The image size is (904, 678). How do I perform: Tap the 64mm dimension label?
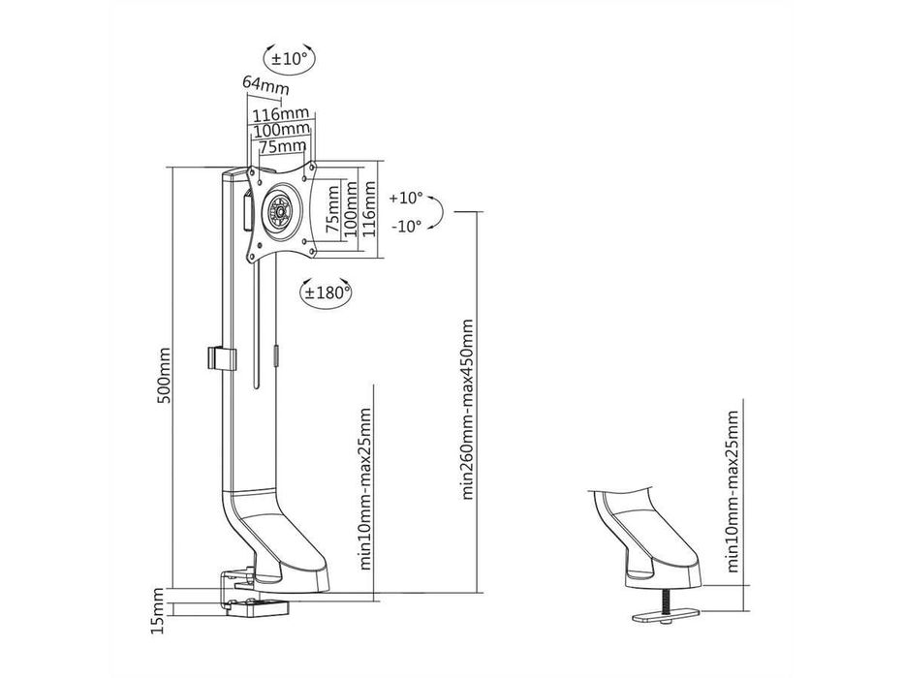tap(265, 85)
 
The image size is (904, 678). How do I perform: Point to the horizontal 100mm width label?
tap(280, 130)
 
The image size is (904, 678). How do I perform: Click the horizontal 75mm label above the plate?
tap(280, 145)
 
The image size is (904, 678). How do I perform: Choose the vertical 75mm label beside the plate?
tap(332, 214)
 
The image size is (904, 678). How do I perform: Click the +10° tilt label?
tap(405, 198)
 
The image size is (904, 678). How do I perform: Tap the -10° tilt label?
tap(405, 226)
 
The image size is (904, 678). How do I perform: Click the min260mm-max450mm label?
tap(468, 408)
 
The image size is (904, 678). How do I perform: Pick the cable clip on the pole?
tap(220, 357)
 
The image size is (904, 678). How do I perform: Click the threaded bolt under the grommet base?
tap(667, 601)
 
